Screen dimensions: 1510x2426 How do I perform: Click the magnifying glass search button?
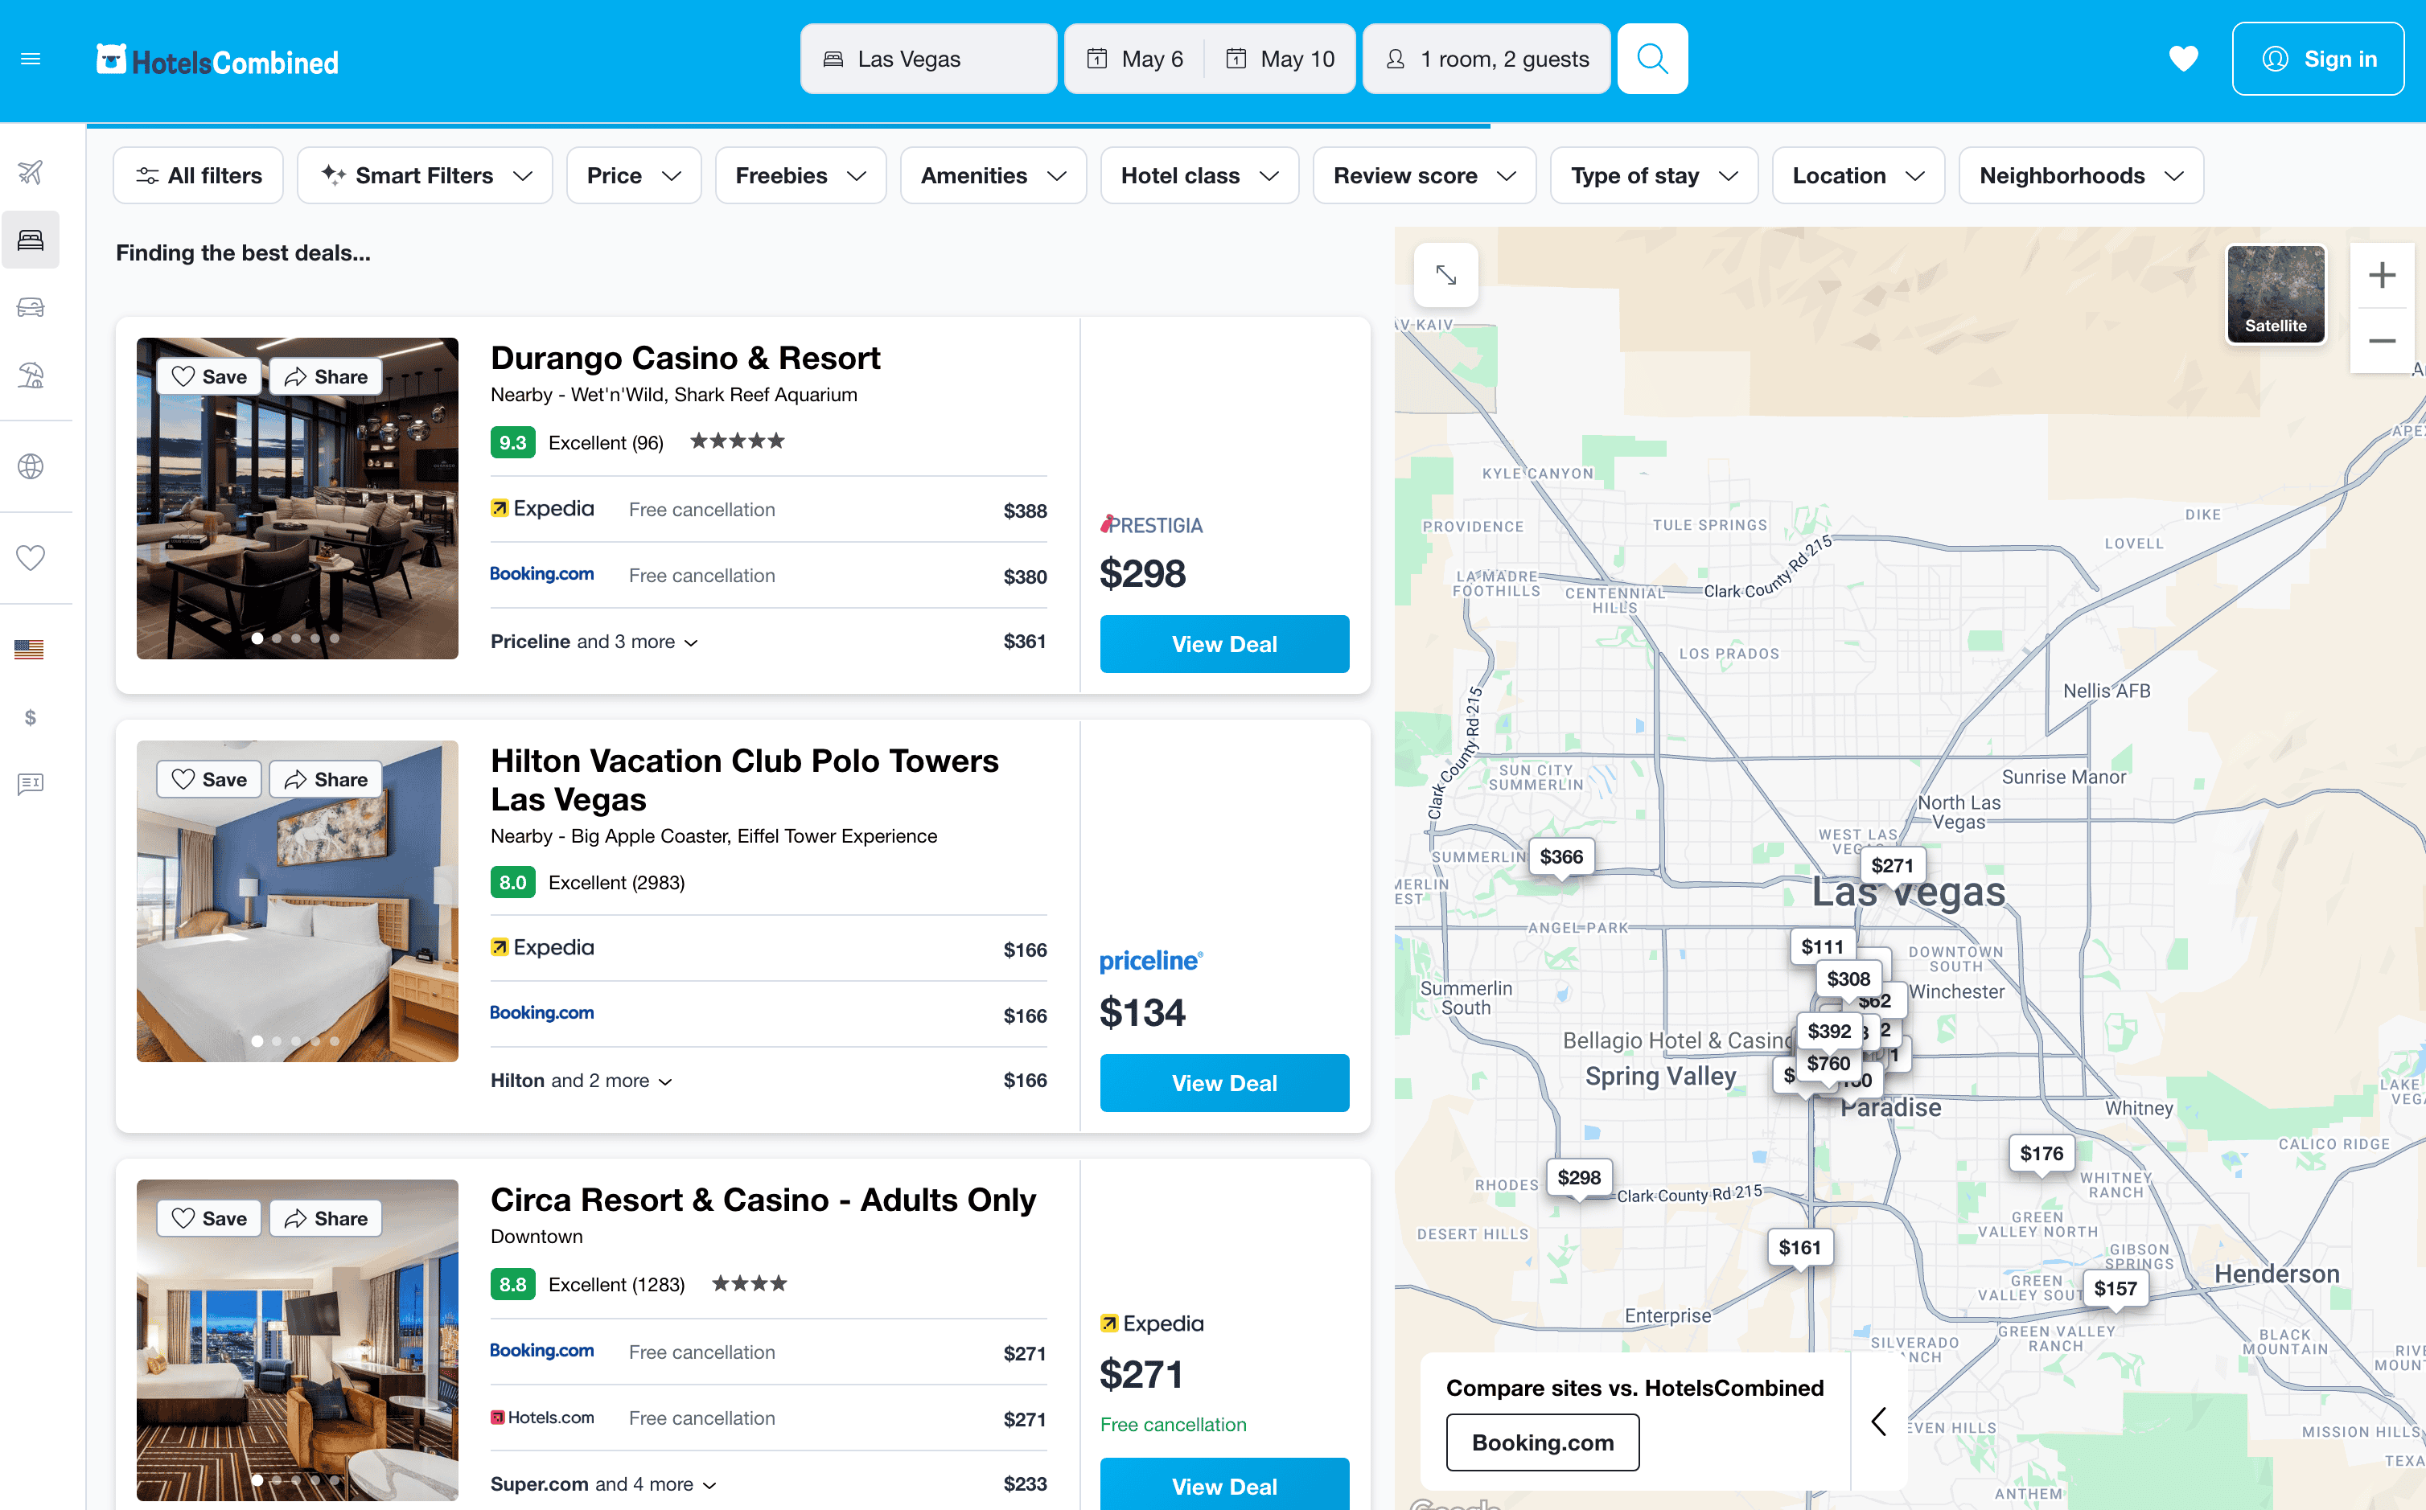click(x=1652, y=59)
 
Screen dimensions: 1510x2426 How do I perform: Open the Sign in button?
click(x=2317, y=59)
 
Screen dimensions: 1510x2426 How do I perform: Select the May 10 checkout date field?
click(x=1281, y=59)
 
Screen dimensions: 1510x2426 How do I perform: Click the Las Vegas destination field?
click(x=928, y=59)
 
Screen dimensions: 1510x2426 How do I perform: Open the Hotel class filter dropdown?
click(x=1199, y=176)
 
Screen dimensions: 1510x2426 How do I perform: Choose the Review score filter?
click(x=1423, y=176)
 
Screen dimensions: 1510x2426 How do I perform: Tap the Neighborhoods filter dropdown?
click(x=2080, y=176)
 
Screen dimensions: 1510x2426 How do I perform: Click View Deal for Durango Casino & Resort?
click(x=1223, y=644)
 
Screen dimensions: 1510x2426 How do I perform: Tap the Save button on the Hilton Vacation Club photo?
click(x=209, y=779)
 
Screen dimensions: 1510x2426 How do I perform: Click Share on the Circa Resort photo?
click(x=326, y=1218)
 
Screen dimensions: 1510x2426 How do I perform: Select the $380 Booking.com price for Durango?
click(x=1025, y=577)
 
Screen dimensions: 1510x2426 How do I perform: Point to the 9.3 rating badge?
click(x=512, y=442)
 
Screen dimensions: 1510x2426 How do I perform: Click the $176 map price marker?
click(x=2041, y=1154)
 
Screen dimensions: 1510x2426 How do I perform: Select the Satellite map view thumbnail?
click(x=2276, y=293)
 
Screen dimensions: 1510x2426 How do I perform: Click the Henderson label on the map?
click(x=2276, y=1274)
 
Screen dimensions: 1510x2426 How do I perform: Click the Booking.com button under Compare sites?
click(x=1542, y=1442)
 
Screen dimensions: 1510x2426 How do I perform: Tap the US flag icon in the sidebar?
click(x=30, y=650)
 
